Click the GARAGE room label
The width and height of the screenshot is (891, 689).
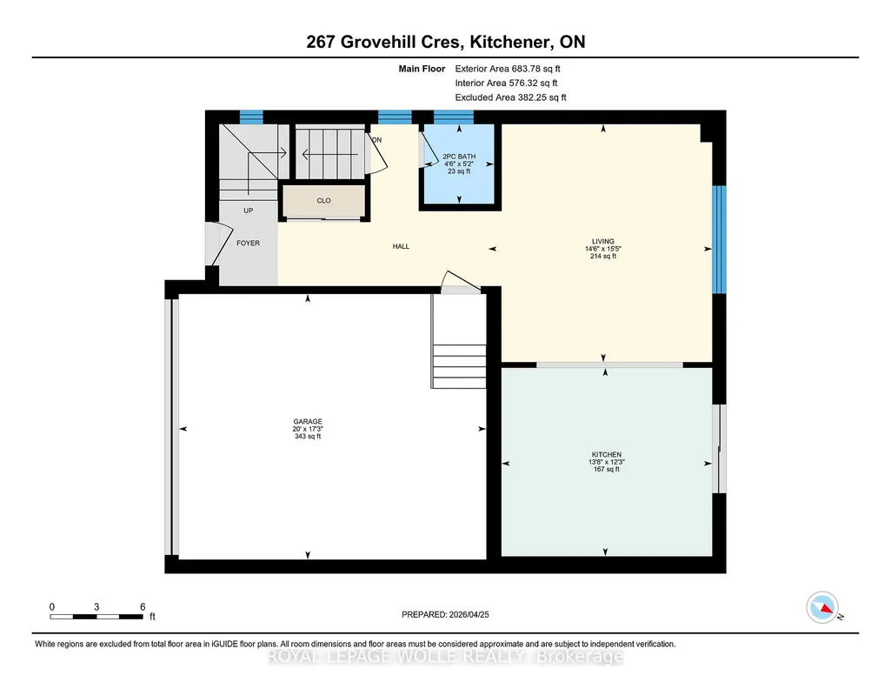(308, 422)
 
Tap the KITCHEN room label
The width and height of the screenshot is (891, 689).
(606, 455)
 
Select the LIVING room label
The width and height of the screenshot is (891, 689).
(603, 242)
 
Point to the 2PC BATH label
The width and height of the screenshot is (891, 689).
(459, 157)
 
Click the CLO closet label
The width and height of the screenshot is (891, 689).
(324, 201)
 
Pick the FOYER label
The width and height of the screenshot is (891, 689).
(249, 244)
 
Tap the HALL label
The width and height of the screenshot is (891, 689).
(401, 247)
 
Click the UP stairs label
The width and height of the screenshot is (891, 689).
(249, 211)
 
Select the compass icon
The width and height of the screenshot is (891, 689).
(823, 607)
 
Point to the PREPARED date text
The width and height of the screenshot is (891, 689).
(445, 614)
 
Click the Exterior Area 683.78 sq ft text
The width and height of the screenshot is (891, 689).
(508, 69)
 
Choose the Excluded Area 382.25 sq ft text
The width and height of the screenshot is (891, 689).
(510, 97)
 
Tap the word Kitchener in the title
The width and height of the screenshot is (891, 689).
(510, 42)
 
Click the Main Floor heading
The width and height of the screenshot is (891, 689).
(422, 69)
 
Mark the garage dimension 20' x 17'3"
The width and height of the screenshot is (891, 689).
(308, 429)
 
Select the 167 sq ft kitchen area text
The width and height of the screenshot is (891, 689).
(606, 470)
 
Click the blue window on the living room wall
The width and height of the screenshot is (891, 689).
(720, 239)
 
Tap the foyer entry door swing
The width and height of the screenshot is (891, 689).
(219, 244)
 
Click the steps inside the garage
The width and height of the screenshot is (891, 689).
(459, 366)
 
